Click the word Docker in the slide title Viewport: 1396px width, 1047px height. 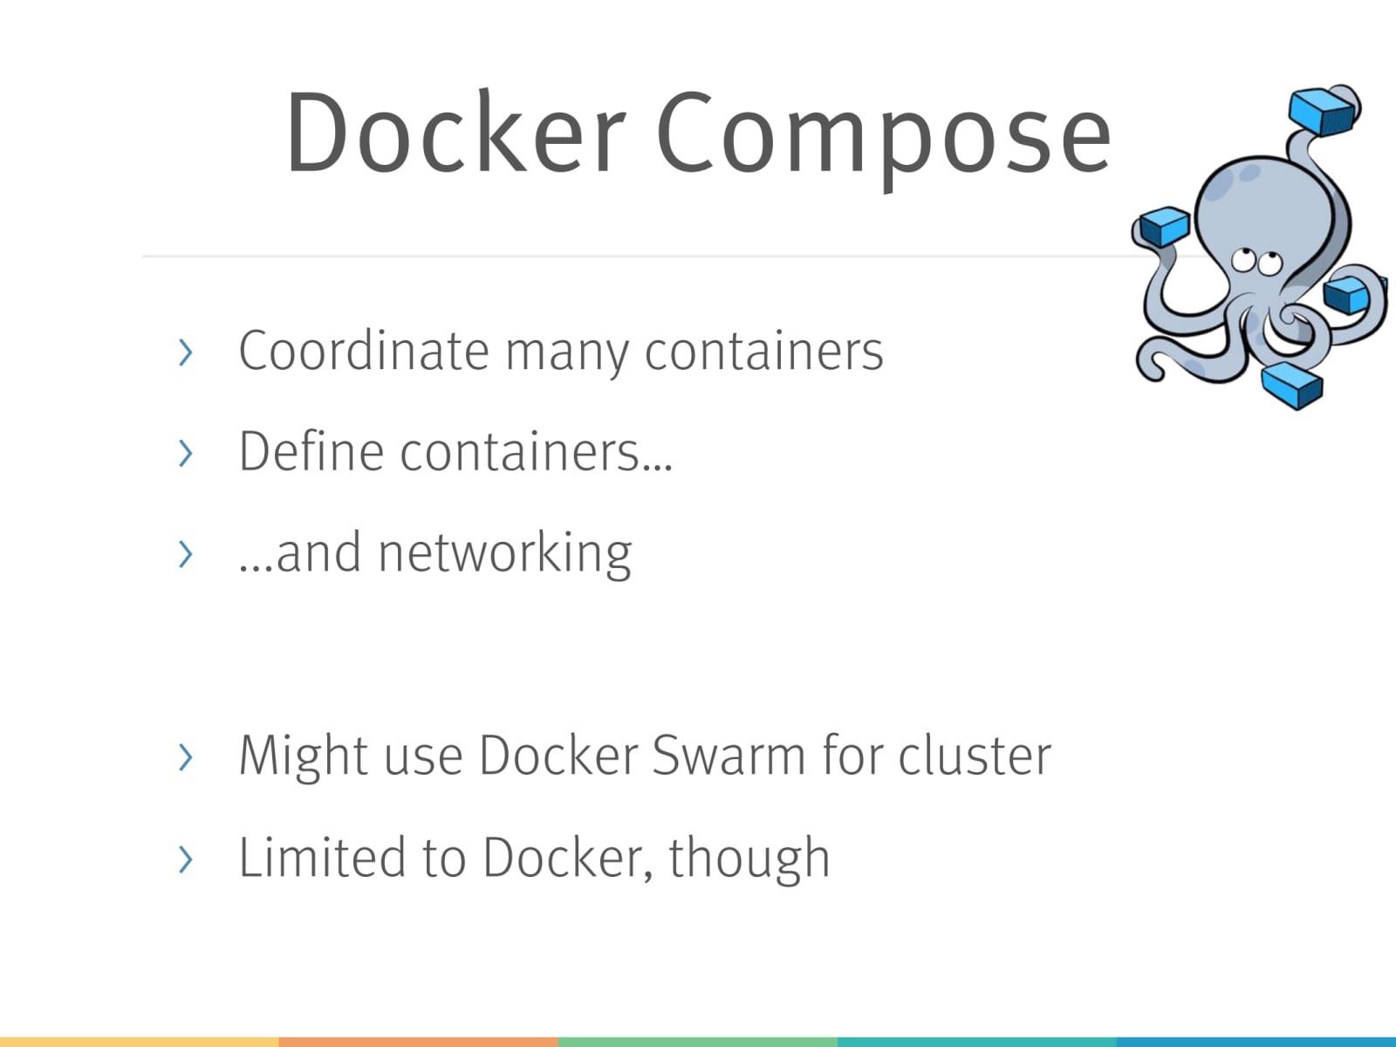click(x=455, y=133)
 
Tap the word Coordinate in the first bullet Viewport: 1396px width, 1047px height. click(x=363, y=351)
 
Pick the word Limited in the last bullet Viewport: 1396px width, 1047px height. click(x=321, y=857)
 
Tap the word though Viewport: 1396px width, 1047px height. click(x=749, y=859)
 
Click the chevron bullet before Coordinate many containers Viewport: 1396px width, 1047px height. click(x=184, y=352)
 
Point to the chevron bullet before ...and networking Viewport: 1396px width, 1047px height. click(x=184, y=554)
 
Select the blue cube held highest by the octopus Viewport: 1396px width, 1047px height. click(x=1323, y=112)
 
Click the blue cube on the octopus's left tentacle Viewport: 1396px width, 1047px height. click(x=1164, y=226)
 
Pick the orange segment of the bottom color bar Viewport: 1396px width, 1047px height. click(x=419, y=1042)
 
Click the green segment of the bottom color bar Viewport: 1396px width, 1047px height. click(x=698, y=1042)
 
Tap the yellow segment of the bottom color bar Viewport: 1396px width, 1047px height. click(x=140, y=1042)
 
